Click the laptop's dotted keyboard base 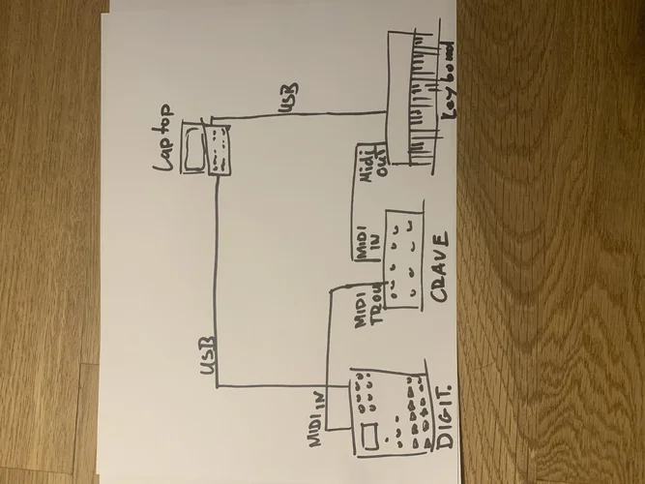click(221, 151)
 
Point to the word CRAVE click(442, 268)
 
